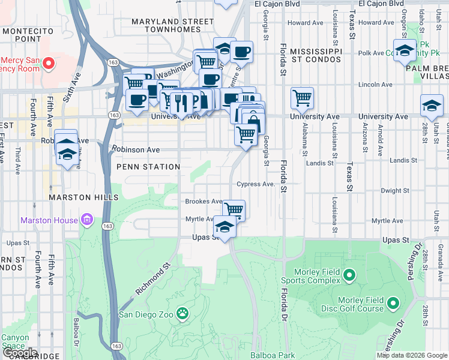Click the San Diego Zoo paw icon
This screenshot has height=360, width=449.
pyautogui.click(x=183, y=313)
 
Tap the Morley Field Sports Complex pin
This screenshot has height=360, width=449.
pyautogui.click(x=349, y=275)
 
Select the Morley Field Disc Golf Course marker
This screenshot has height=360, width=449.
pyautogui.click(x=394, y=304)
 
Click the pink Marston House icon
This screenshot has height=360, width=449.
pyautogui.click(x=88, y=220)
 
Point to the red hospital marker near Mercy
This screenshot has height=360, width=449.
pyautogui.click(x=50, y=63)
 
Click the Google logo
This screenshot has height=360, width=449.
pyautogui.click(x=20, y=353)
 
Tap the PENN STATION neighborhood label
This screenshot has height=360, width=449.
pyautogui.click(x=148, y=167)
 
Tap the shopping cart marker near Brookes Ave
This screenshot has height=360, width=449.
pyautogui.click(x=233, y=210)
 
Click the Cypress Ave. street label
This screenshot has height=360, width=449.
pyautogui.click(x=256, y=184)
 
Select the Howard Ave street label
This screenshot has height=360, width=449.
pyautogui.click(x=306, y=23)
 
